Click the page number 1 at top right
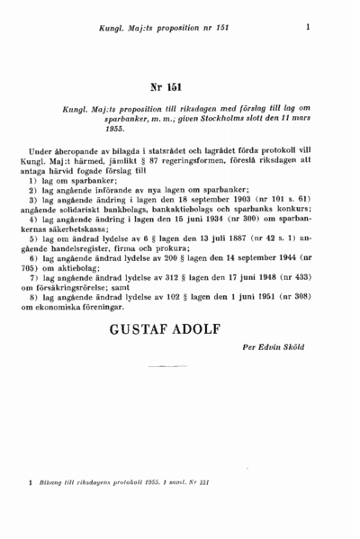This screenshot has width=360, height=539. pyautogui.click(x=308, y=27)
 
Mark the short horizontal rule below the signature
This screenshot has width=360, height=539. pyautogui.click(x=165, y=367)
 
